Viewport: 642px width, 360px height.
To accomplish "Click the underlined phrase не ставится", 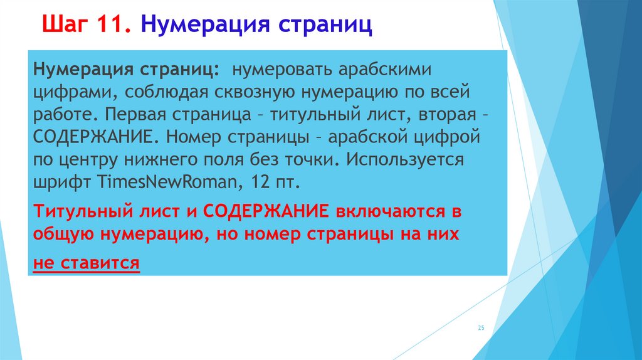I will pyautogui.click(x=87, y=263).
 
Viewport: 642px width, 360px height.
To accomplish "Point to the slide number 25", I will pyautogui.click(x=481, y=328).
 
